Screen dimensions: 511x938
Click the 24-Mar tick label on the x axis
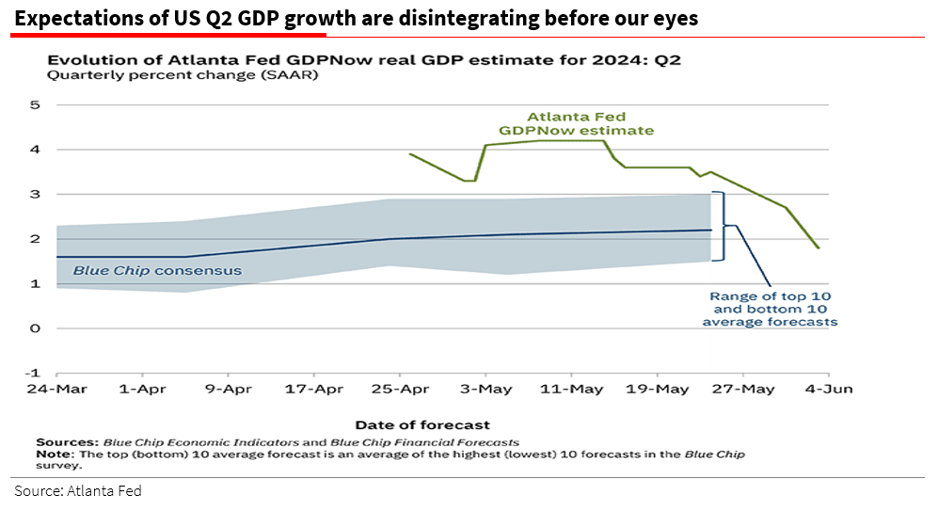click(x=56, y=389)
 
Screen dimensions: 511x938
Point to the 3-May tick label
click(x=485, y=389)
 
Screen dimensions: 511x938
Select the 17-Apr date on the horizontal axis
click(x=314, y=389)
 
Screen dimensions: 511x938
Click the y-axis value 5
click(x=35, y=104)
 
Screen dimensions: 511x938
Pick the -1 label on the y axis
click(x=32, y=373)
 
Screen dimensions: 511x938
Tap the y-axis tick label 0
click(x=35, y=328)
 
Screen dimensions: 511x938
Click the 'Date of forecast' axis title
click(x=422, y=424)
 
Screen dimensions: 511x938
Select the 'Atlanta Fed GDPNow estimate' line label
click(x=577, y=124)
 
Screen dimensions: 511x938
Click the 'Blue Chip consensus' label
click(x=157, y=271)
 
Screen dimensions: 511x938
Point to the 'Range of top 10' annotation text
click(x=771, y=296)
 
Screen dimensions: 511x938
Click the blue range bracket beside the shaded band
click(x=722, y=226)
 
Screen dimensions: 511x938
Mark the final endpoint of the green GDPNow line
click(x=819, y=248)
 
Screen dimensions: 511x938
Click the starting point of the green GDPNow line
click(x=409, y=153)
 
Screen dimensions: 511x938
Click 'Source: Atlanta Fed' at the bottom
click(x=77, y=491)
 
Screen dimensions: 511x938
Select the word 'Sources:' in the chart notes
click(x=67, y=441)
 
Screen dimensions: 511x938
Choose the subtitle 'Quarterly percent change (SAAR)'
click(x=183, y=76)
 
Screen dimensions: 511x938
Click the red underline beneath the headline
click(x=168, y=34)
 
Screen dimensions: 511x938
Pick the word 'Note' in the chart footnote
click(x=52, y=454)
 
